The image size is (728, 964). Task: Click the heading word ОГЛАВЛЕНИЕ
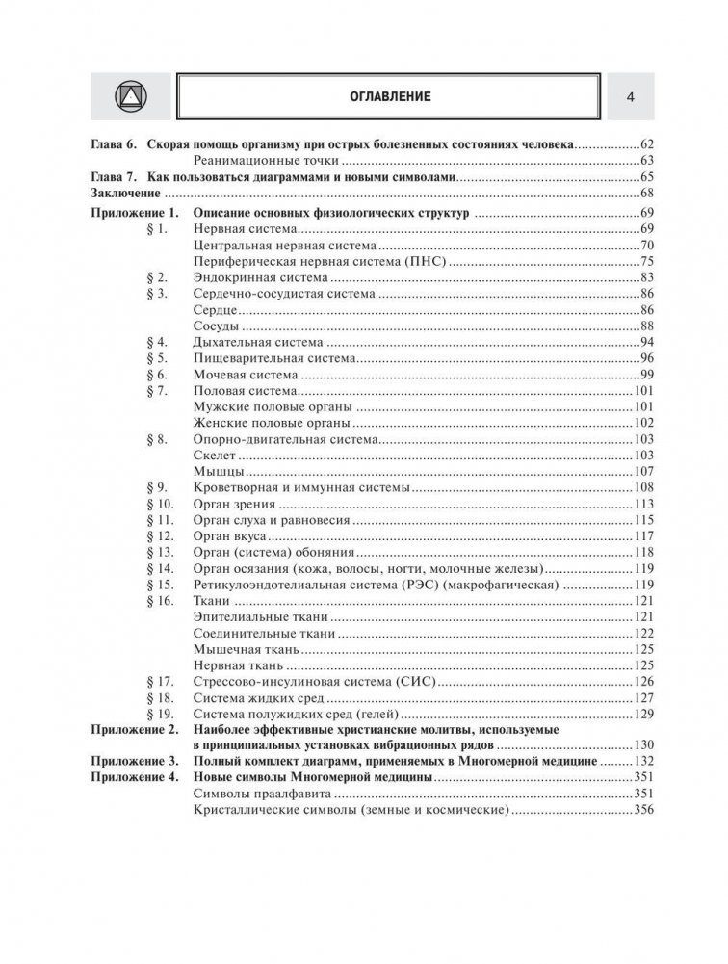click(x=390, y=96)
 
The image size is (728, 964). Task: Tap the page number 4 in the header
click(x=630, y=96)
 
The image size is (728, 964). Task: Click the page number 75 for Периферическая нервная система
click(x=645, y=261)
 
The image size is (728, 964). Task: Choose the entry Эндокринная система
click(x=254, y=277)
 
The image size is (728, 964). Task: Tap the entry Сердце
click(x=215, y=309)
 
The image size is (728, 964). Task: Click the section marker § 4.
click(x=158, y=342)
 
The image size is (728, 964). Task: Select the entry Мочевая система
click(x=245, y=375)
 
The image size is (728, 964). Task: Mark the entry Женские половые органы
click(x=273, y=423)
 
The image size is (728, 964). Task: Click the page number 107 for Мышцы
click(x=642, y=472)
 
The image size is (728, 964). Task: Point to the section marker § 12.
click(x=161, y=536)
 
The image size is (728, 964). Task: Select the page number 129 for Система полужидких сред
click(x=642, y=715)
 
